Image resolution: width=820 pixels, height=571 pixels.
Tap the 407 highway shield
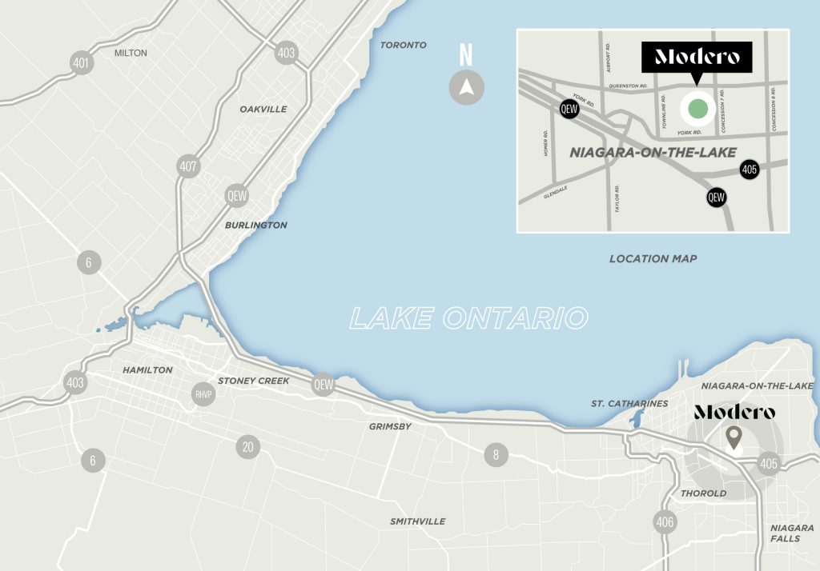[x=188, y=167]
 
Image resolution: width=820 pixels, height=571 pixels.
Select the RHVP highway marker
[x=203, y=393]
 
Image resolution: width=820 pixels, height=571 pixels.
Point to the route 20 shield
[x=247, y=446]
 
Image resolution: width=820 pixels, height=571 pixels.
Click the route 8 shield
[x=496, y=456]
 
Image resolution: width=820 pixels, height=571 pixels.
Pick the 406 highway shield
[x=665, y=522]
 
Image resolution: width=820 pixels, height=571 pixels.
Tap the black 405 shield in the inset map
[x=750, y=170]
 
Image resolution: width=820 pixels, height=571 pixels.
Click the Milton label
[x=131, y=53]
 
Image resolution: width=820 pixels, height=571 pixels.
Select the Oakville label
[x=263, y=109]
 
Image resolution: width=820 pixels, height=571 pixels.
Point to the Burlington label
[x=255, y=226]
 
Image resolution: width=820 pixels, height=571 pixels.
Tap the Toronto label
[x=404, y=46]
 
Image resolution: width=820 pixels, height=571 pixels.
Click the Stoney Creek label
[x=254, y=381]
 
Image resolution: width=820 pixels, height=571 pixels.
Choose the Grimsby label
[x=390, y=426]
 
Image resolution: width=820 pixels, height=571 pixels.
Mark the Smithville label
[x=417, y=521]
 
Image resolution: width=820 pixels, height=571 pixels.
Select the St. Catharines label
[x=629, y=404]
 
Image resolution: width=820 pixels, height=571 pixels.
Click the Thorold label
[x=704, y=493]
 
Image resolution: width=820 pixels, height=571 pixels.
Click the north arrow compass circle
[x=466, y=87]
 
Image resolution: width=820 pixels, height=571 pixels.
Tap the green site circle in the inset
[x=697, y=109]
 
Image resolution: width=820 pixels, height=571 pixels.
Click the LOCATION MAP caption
[x=653, y=258]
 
